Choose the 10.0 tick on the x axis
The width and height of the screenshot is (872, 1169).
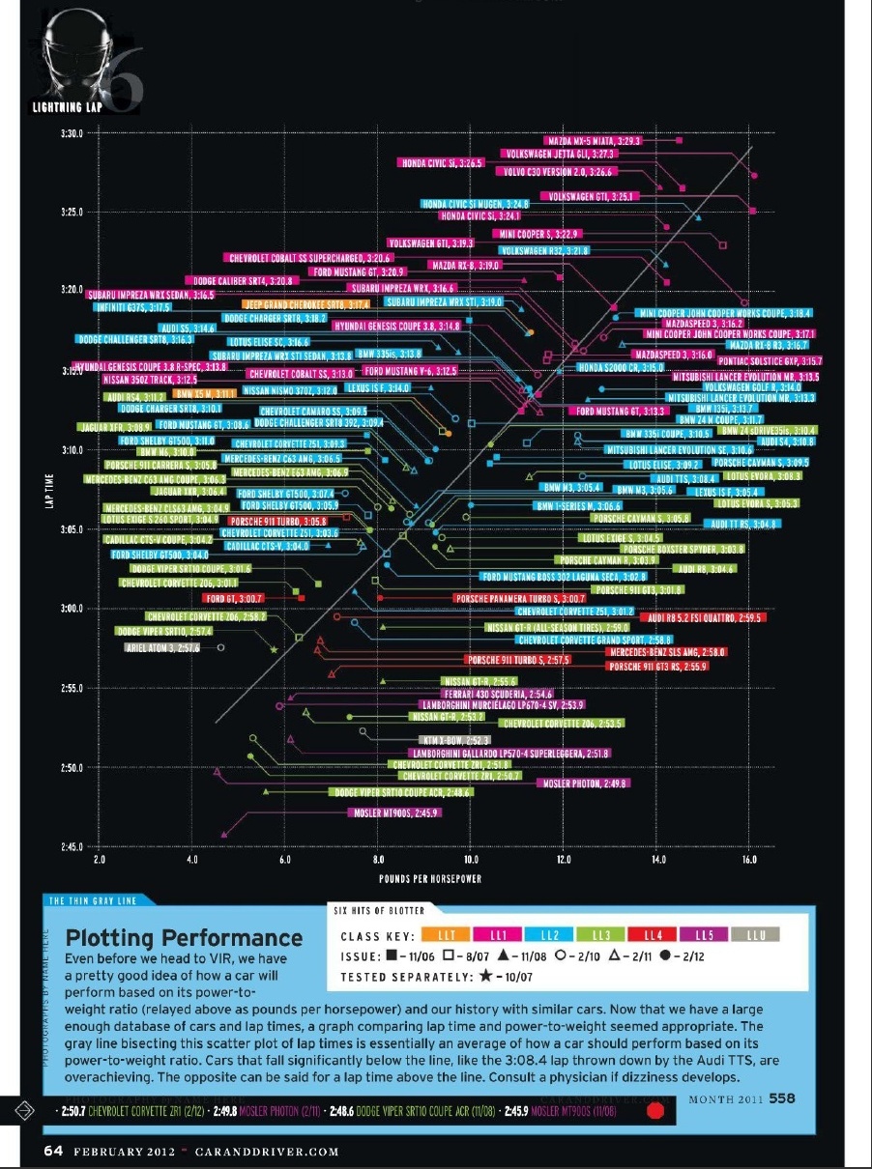[472, 859]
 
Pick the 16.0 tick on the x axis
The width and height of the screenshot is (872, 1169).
[750, 859]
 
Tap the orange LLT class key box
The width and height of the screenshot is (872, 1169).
[448, 935]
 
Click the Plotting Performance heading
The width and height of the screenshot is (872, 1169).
[184, 938]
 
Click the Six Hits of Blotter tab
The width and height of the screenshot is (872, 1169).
[378, 910]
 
